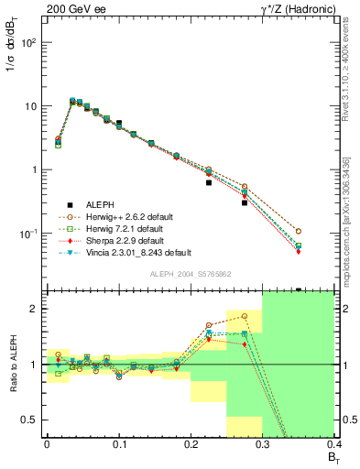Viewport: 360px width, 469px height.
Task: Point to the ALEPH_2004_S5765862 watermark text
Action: tap(190, 274)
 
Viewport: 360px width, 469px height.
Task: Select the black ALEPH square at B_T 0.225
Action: tap(209, 182)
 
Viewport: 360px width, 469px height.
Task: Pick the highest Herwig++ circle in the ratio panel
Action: tap(245, 316)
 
